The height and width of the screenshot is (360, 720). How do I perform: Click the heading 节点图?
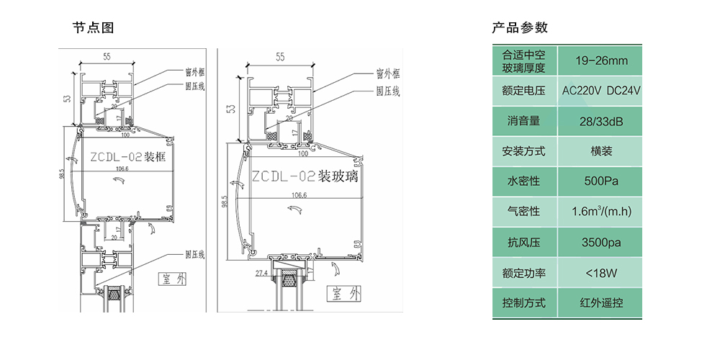tap(93, 28)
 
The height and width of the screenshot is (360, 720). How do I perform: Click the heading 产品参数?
tap(520, 28)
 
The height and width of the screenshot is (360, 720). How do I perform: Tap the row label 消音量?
tap(523, 121)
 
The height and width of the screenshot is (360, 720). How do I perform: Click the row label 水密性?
tap(523, 181)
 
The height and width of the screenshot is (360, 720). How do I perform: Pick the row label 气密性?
tap(523, 212)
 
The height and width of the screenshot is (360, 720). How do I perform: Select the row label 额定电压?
tap(523, 91)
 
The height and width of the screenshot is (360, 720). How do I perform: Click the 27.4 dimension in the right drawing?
tap(261, 274)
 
